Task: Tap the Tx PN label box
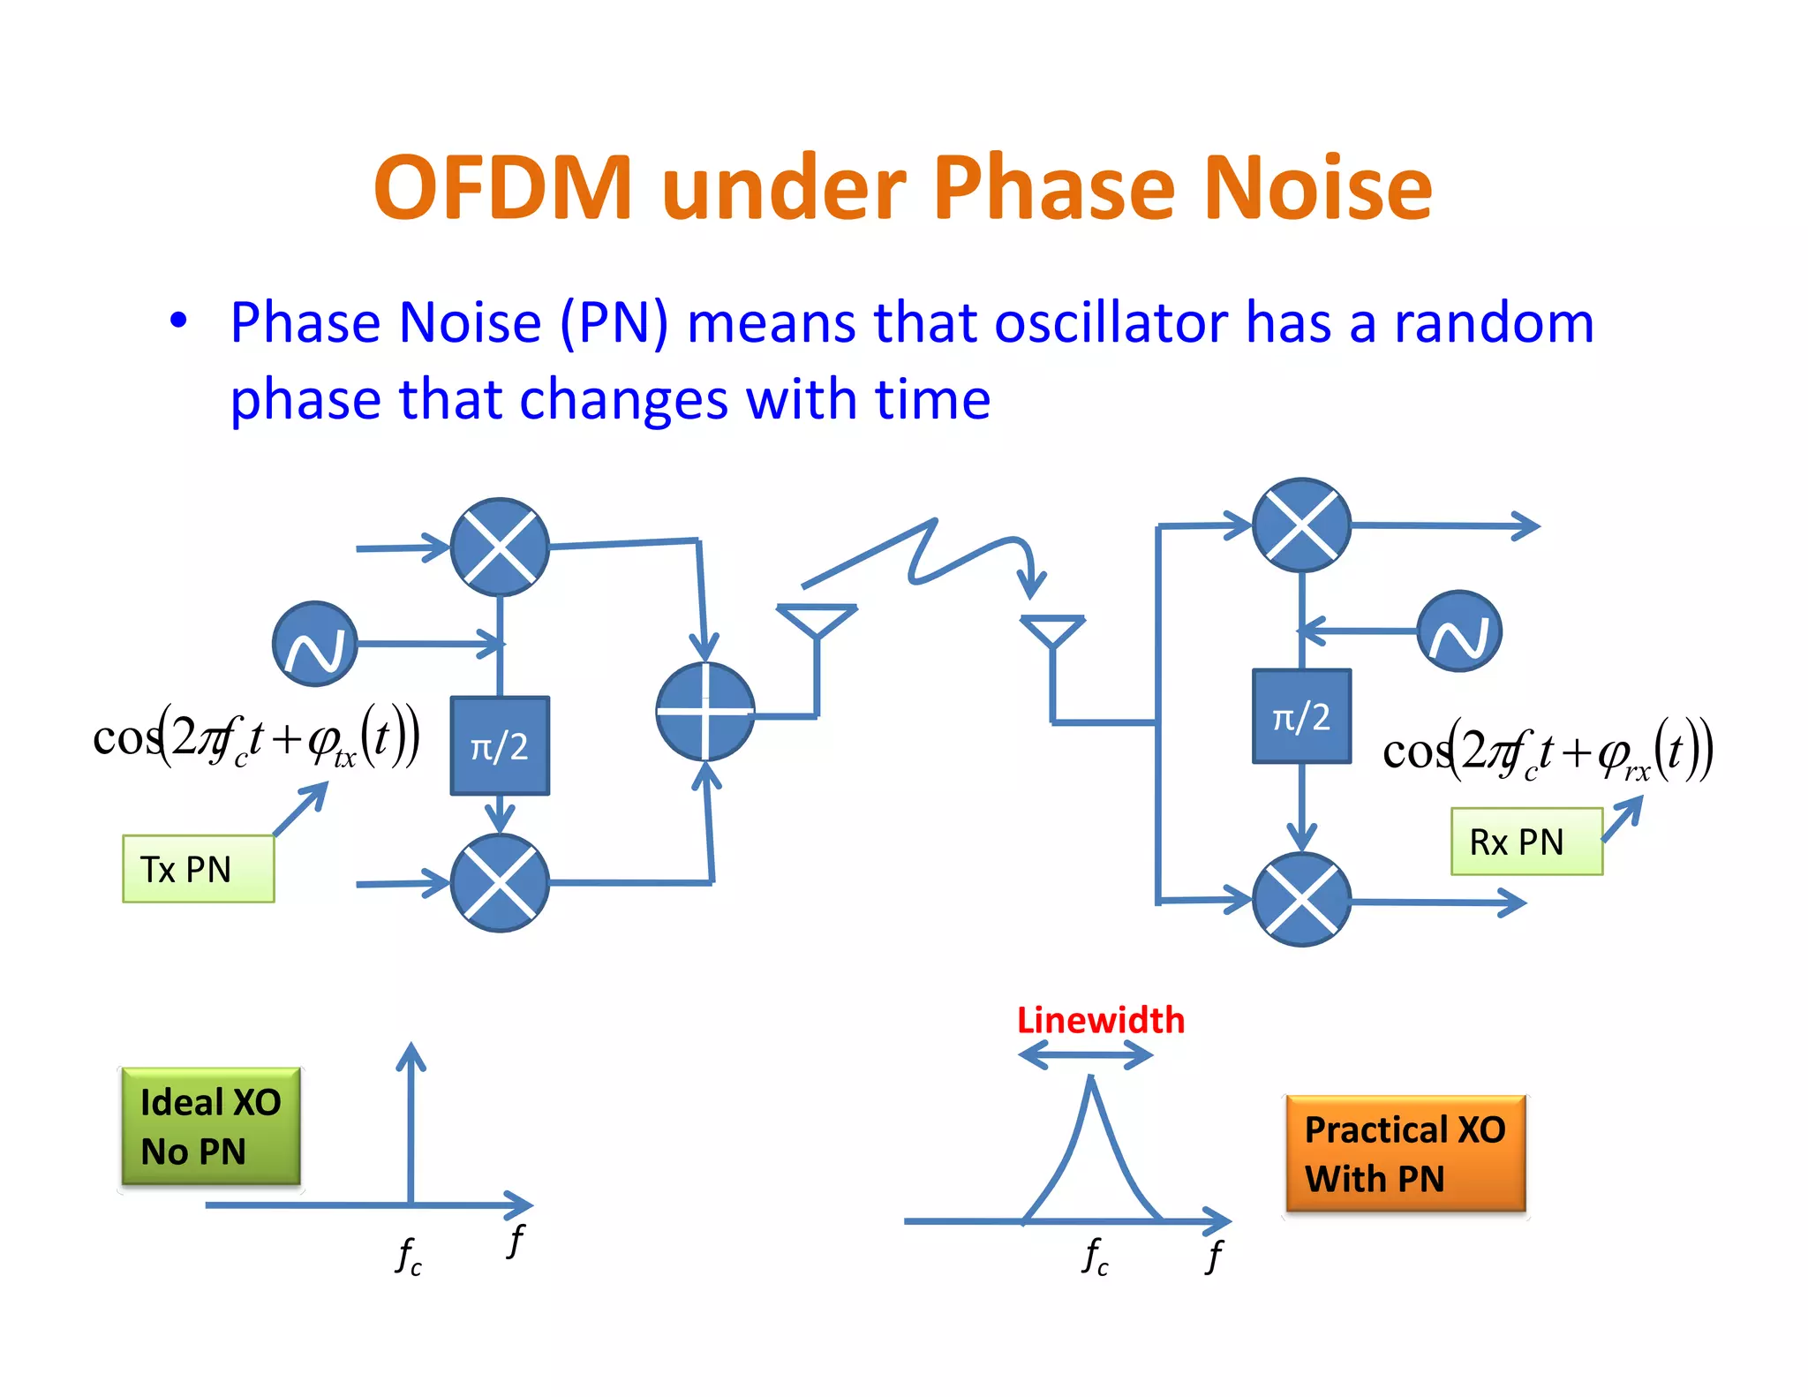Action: [x=199, y=869]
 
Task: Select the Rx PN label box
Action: [x=1526, y=842]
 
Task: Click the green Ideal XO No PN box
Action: [x=211, y=1126]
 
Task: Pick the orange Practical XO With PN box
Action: [x=1405, y=1153]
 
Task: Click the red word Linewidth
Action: [x=1100, y=1021]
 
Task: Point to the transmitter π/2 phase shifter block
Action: [x=500, y=746]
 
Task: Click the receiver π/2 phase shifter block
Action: [x=1301, y=716]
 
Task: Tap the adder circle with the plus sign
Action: [x=705, y=712]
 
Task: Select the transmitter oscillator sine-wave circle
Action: [x=315, y=644]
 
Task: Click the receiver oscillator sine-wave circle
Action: [x=1459, y=631]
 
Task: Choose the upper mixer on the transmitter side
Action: [x=500, y=547]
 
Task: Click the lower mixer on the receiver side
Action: [x=1301, y=900]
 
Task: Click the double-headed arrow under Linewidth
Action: [x=1086, y=1054]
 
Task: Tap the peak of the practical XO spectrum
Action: [x=1092, y=1082]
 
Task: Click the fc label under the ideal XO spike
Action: [x=409, y=1255]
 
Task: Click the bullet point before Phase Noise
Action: [x=179, y=321]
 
